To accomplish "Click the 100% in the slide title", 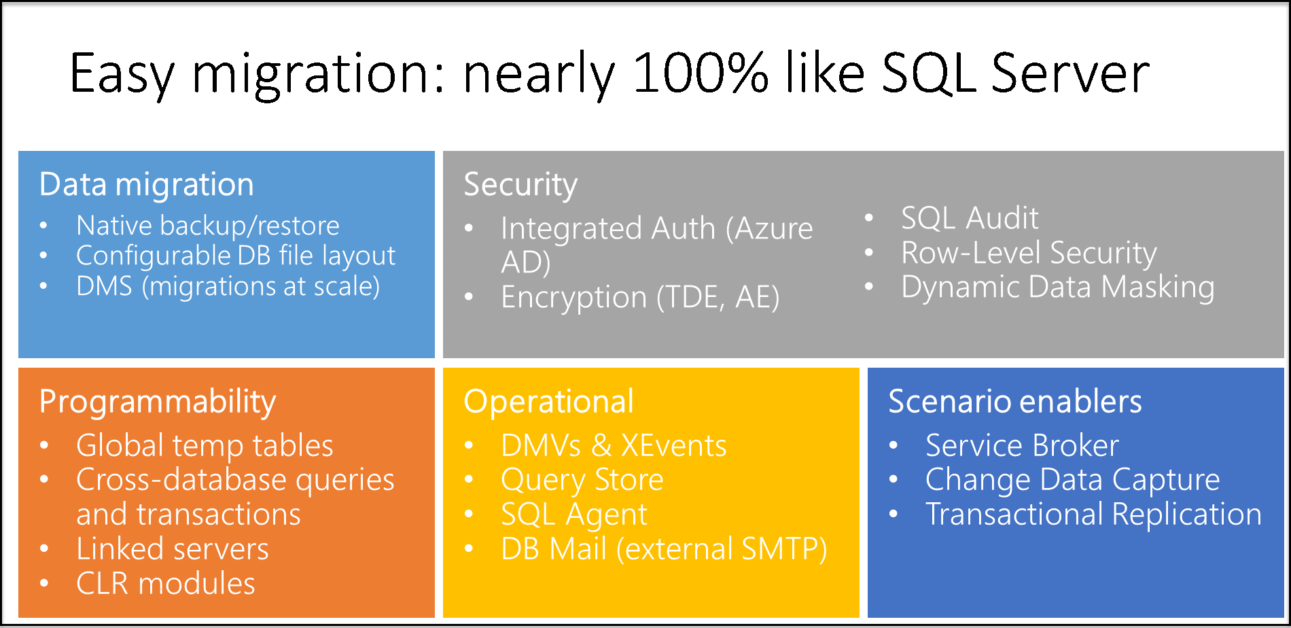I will pos(700,73).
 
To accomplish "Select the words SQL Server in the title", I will pos(1015,73).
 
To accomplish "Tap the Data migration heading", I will pos(147,185).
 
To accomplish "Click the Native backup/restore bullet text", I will pos(207,226).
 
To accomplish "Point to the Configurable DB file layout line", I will pos(235,256).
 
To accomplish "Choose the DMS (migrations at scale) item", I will pos(228,287).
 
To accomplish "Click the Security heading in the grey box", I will pos(520,185).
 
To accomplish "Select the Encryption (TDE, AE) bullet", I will pos(639,298).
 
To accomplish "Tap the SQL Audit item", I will pos(970,218).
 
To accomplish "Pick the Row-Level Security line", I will pos(1029,253).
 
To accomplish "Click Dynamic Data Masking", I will pos(1057,287).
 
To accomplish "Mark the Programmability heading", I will pos(158,402).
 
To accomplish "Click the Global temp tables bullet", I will pos(205,446).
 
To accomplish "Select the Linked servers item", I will pos(173,549).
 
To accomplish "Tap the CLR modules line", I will pos(166,584).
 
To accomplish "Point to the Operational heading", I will pos(548,402).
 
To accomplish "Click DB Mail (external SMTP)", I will pos(663,549).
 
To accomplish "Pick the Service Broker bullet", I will pos(1022,446).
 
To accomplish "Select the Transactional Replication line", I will pos(1093,514).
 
